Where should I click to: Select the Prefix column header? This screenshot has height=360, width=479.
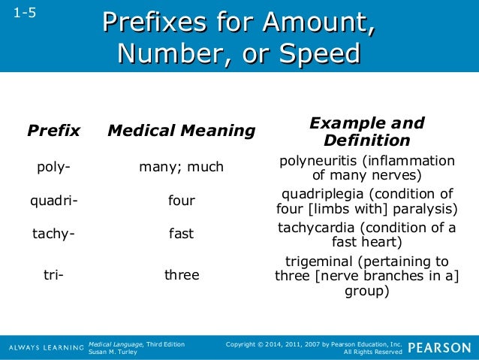pyautogui.click(x=53, y=131)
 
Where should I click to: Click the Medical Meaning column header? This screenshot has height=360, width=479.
pyautogui.click(x=182, y=131)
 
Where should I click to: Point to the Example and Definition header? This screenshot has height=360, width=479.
pyautogui.click(x=367, y=132)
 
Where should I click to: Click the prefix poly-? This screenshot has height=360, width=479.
pyautogui.click(x=54, y=167)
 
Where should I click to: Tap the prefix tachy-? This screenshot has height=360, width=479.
pyautogui.click(x=53, y=234)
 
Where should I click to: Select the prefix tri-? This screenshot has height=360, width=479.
pyautogui.click(x=53, y=275)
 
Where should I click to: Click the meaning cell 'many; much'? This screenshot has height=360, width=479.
pyautogui.click(x=182, y=167)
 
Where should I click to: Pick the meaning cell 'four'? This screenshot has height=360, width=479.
pyautogui.click(x=182, y=201)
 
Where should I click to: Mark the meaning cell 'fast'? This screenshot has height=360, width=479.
pyautogui.click(x=182, y=234)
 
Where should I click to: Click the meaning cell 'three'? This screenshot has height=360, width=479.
pyautogui.click(x=182, y=275)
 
